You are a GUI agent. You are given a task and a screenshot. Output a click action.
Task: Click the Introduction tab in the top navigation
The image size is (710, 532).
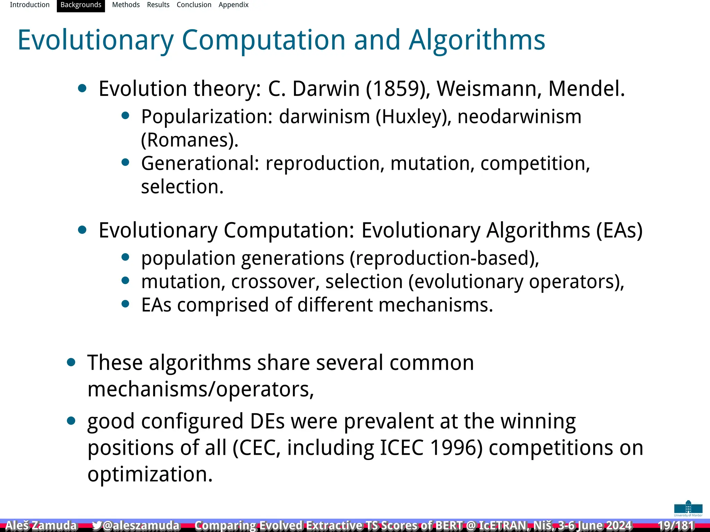pyautogui.click(x=29, y=5)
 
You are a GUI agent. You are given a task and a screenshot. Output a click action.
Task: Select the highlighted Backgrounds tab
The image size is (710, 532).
pyautogui.click(x=81, y=5)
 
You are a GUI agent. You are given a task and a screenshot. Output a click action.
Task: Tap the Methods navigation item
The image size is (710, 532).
pyautogui.click(x=126, y=5)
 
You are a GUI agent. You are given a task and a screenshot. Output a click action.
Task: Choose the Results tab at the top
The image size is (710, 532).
pyautogui.click(x=158, y=5)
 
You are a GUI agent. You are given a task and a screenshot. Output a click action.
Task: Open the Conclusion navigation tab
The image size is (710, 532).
pyautogui.click(x=194, y=5)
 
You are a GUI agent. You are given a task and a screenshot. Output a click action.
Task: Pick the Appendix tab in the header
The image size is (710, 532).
pyautogui.click(x=233, y=5)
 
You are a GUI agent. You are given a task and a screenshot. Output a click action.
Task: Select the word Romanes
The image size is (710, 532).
pyautogui.click(x=189, y=140)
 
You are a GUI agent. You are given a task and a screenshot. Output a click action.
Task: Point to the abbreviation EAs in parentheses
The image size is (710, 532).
pyautogui.click(x=619, y=230)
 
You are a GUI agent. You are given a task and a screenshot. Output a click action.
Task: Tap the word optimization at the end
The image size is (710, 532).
pyautogui.click(x=150, y=474)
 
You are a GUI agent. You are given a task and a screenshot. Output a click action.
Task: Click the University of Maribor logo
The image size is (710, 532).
pyautogui.click(x=688, y=508)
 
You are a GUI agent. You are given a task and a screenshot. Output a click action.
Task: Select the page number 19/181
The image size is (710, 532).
pyautogui.click(x=676, y=525)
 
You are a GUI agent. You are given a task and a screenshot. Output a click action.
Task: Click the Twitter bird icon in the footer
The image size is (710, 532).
pyautogui.click(x=97, y=525)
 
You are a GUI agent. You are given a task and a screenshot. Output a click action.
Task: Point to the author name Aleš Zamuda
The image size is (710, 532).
pyautogui.click(x=41, y=525)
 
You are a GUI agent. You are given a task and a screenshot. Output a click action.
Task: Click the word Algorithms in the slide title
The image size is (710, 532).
pyautogui.click(x=477, y=40)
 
